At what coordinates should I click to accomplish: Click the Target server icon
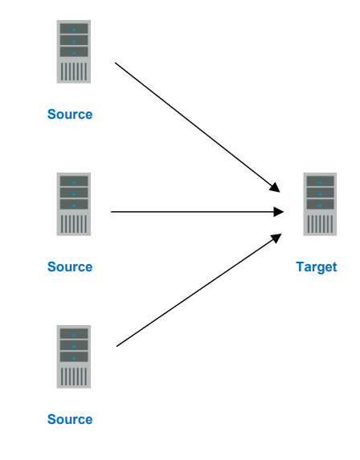pyautogui.click(x=320, y=204)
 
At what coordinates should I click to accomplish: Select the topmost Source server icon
pyautogui.click(x=73, y=51)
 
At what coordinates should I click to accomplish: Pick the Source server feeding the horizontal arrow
pyautogui.click(x=73, y=204)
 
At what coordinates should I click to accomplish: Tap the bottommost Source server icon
pyautogui.click(x=73, y=356)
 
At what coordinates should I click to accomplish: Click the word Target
pyautogui.click(x=316, y=267)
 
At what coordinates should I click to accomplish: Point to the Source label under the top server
pyautogui.click(x=70, y=114)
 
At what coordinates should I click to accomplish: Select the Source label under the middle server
pyautogui.click(x=70, y=267)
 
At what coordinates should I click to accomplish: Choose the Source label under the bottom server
pyautogui.click(x=70, y=419)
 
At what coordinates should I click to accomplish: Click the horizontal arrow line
pyautogui.click(x=193, y=212)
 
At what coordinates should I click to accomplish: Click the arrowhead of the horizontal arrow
pyautogui.click(x=279, y=212)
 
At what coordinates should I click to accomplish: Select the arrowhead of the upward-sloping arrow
pyautogui.click(x=275, y=238)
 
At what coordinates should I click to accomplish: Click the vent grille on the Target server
pyautogui.click(x=320, y=223)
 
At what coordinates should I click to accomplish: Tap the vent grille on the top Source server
pyautogui.click(x=73, y=71)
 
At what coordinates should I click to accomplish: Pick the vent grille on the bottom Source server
pyautogui.click(x=73, y=376)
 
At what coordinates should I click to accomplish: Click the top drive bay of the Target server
pyautogui.click(x=320, y=181)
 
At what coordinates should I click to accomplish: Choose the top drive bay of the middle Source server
pyautogui.click(x=73, y=181)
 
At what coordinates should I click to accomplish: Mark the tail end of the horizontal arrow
pyautogui.click(x=112, y=212)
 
